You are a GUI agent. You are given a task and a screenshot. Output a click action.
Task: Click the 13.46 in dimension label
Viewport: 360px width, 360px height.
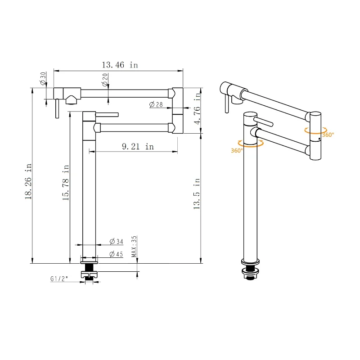pos(120,65)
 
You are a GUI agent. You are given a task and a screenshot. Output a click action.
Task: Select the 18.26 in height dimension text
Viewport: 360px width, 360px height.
pos(28,181)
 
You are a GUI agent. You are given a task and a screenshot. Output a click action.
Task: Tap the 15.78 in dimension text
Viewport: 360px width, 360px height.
pos(66,182)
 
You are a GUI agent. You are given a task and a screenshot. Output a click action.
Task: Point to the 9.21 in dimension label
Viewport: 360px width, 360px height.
pos(138,147)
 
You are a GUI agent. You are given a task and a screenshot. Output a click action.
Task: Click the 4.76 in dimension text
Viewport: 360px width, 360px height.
pos(197,108)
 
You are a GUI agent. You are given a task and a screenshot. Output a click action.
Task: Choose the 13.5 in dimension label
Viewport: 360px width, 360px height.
pos(197,193)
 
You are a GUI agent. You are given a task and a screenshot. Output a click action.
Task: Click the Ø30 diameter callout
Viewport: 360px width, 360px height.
pos(43,78)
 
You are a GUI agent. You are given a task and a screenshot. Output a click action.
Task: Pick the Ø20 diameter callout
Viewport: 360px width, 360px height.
pos(105,80)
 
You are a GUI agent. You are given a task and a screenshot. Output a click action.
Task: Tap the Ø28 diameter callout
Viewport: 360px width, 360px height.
pos(156,105)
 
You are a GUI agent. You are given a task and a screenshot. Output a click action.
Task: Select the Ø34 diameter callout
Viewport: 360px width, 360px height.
pos(117,242)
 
